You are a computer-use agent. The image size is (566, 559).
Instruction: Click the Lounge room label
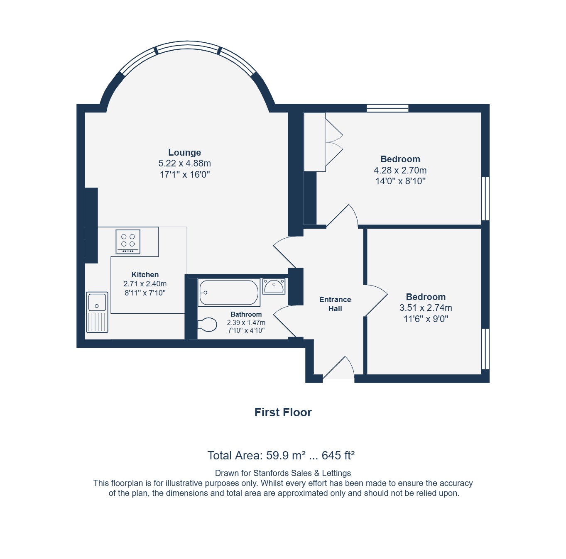[x=184, y=152]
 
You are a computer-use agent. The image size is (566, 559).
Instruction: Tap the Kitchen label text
[x=145, y=274]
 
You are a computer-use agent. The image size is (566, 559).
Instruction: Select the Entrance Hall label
[x=335, y=304]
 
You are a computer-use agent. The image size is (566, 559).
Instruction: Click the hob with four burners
[x=128, y=242]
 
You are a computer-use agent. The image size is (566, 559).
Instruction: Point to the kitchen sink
[x=97, y=312]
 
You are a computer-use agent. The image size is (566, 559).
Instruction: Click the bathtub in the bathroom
[x=229, y=293]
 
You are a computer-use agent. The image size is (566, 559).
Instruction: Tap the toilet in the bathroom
[x=207, y=325]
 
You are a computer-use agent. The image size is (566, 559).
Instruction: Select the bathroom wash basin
[x=274, y=286]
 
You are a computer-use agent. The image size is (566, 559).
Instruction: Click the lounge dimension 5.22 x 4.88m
[x=184, y=163]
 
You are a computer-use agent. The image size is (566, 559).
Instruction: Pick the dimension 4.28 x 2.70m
[x=400, y=170]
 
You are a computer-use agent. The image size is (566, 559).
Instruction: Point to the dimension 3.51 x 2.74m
[x=426, y=308]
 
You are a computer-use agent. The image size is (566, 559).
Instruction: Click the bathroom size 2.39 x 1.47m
[x=246, y=322]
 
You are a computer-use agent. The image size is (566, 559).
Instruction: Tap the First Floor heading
[x=283, y=413]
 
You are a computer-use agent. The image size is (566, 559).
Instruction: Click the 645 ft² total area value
[x=338, y=455]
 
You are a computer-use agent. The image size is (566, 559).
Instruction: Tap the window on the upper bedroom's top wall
[x=387, y=108]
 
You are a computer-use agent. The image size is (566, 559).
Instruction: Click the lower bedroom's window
[x=485, y=349]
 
